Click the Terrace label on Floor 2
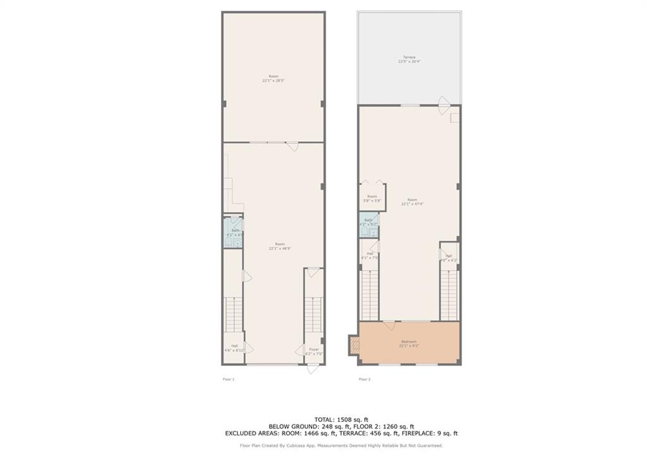(409, 59)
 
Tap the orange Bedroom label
(409, 344)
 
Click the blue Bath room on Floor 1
(234, 233)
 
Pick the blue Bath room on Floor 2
(368, 225)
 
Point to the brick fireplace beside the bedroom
(353, 344)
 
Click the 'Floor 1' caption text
(228, 379)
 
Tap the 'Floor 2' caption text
(365, 379)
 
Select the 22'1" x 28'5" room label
(273, 78)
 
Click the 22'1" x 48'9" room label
(279, 246)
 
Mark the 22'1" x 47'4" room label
(412, 202)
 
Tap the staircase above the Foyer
(314, 313)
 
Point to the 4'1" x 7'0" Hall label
(369, 256)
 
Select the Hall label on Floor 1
(234, 347)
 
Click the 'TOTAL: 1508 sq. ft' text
(341, 419)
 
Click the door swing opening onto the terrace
(444, 101)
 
